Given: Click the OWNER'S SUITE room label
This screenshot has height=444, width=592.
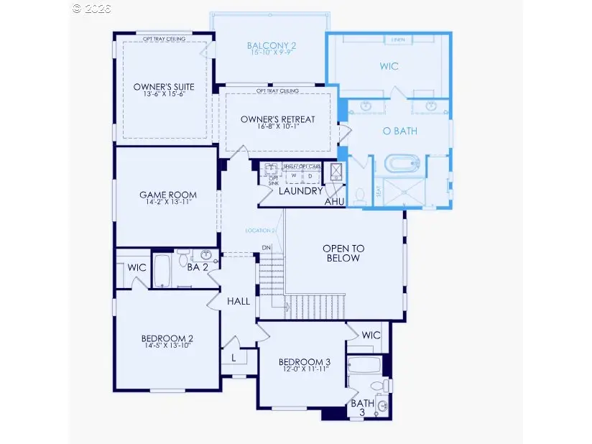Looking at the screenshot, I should point(164,87).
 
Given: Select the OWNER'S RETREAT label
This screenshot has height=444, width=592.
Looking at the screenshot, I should point(277,119).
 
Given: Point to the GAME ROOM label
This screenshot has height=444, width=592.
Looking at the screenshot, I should point(168,195).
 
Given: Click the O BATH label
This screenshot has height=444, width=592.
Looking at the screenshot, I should point(400,131).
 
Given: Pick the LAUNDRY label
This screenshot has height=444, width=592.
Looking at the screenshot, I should point(300,191).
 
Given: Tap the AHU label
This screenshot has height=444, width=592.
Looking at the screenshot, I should point(334,203).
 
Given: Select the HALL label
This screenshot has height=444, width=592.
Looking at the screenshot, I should point(239,301).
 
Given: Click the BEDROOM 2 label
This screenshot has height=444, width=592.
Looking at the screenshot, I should point(166,339).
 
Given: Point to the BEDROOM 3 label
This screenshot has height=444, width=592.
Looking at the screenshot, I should point(305,361).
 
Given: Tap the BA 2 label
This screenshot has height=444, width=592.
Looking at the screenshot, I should point(198,267).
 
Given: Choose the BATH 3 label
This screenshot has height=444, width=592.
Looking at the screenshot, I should point(362,408).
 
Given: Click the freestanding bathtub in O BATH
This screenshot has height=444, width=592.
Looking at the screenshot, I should point(406,164).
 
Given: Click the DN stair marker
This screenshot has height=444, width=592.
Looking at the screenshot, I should point(267,248).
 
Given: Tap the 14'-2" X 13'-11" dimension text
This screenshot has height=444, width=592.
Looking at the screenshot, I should point(167,204).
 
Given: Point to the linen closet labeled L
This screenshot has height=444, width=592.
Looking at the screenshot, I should point(234,357).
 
